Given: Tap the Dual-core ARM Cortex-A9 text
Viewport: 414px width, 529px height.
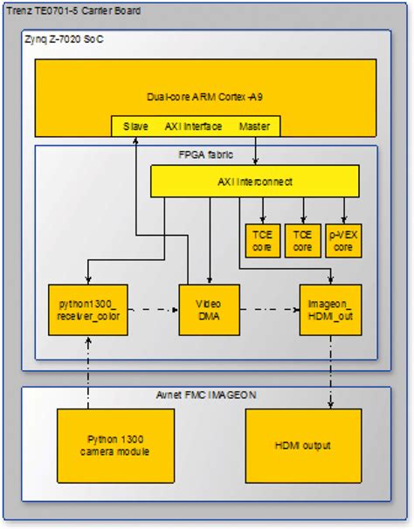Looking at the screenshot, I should [204, 96].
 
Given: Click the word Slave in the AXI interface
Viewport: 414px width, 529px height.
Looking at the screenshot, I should [135, 127].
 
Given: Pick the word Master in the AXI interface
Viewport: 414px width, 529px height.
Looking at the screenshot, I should [253, 127].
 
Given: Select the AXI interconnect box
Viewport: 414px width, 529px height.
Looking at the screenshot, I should [254, 181].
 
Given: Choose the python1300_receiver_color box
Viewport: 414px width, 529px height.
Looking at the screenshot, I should [88, 310].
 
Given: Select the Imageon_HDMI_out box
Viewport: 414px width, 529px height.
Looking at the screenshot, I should [329, 310].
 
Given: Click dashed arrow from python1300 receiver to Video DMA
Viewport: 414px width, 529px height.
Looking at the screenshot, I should [153, 310].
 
